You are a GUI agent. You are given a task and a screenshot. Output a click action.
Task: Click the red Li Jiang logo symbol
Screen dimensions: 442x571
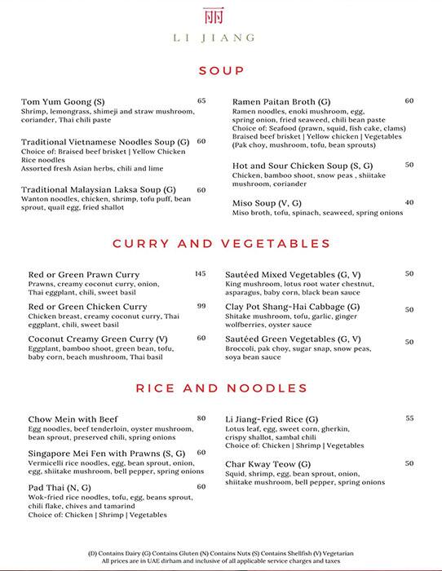click(221, 17)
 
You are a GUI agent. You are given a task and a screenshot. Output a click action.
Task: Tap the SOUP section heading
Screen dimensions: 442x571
click(221, 71)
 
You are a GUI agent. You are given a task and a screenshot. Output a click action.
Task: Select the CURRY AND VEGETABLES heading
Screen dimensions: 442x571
click(221, 243)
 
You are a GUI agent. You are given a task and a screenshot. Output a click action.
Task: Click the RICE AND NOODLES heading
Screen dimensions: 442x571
click(221, 387)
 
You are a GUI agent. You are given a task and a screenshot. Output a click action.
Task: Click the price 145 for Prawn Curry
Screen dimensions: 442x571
click(200, 274)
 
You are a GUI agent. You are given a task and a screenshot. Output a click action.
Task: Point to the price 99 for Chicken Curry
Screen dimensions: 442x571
click(201, 306)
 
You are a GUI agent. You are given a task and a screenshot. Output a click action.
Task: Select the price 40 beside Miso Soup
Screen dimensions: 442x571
click(409, 202)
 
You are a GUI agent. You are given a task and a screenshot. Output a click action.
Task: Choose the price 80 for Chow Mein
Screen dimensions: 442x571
click(201, 418)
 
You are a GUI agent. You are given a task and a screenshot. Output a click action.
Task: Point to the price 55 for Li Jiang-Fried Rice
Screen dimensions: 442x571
click(409, 418)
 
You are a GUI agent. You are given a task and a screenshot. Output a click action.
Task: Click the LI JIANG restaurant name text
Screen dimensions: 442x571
click(221, 38)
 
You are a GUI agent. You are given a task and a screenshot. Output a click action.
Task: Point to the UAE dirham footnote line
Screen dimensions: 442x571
click(221, 562)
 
